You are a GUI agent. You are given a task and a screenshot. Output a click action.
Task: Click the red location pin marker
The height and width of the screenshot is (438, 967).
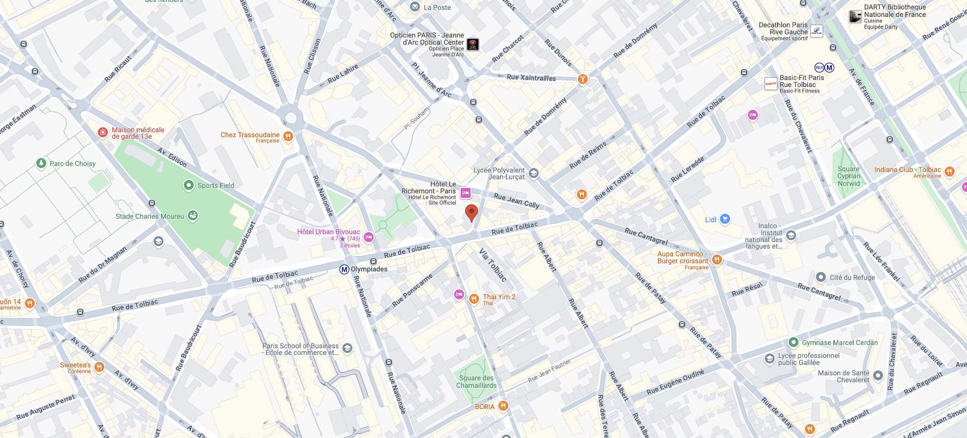point(471,213)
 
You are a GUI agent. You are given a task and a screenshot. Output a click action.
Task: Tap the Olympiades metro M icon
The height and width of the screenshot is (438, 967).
point(344,269)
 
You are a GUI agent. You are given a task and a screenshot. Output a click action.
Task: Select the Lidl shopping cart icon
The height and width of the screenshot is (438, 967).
point(725,219)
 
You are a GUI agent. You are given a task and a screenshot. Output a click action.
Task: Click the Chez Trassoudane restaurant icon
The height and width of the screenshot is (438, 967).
point(288,136)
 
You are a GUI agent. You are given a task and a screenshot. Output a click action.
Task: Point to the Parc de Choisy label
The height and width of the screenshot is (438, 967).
point(73,164)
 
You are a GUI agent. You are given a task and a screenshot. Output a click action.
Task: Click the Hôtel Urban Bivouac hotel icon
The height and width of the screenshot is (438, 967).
point(369,237)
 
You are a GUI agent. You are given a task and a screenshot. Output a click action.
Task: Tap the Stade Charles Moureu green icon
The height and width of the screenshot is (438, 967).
point(193,216)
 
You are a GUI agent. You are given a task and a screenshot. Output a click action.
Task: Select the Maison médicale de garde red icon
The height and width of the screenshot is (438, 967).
point(102,132)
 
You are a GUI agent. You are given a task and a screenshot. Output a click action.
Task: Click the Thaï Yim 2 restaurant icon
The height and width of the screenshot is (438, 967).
point(474,299)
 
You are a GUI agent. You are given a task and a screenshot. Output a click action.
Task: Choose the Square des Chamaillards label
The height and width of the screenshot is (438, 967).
point(476,382)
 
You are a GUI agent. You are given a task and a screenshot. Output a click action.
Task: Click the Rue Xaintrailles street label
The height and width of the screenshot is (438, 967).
point(531,78)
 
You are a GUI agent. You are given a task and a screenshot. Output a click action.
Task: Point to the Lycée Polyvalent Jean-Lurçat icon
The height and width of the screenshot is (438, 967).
point(534,173)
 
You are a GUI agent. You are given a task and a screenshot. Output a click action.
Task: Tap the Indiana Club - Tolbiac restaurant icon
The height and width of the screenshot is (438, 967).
point(950,172)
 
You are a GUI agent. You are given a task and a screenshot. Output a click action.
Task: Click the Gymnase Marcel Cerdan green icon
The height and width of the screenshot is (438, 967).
point(794,342)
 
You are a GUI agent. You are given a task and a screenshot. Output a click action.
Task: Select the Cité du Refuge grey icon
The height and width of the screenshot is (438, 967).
point(821,277)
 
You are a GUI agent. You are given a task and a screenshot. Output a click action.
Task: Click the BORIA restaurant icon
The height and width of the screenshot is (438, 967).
point(503,406)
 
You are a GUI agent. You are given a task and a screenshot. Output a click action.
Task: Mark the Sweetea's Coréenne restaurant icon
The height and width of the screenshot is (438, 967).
point(99,367)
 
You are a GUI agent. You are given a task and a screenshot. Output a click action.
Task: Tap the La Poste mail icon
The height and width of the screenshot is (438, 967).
point(415,7)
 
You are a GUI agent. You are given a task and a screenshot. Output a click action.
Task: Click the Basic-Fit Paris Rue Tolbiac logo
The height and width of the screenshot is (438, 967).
point(771,84)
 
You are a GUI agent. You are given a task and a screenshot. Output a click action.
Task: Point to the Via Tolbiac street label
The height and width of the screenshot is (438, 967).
point(493,265)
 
